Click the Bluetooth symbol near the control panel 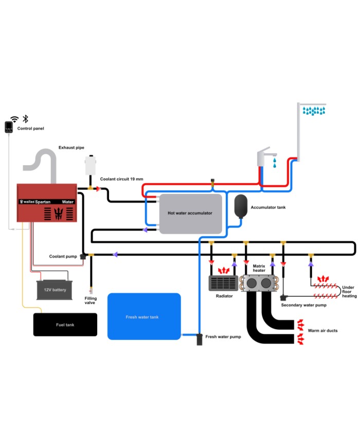[26, 119]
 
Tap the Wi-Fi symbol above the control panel [14, 119]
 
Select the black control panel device [9, 127]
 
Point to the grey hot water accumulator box [190, 214]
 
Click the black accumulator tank [241, 206]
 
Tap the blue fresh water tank [144, 316]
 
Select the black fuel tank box [65, 325]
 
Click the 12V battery [55, 290]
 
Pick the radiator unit [224, 283]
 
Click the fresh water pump [200, 339]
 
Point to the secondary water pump [283, 298]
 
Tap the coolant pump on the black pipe [83, 257]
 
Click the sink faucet [265, 156]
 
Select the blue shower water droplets [314, 111]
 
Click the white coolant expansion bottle [91, 165]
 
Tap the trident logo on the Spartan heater [59, 213]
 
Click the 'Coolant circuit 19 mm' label [121, 179]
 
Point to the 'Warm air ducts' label [322, 331]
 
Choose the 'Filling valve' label [91, 300]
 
